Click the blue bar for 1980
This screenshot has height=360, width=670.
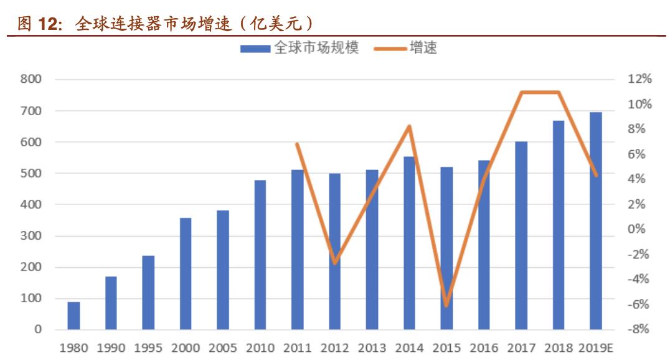click(x=73, y=316)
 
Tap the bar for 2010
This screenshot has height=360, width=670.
click(x=260, y=255)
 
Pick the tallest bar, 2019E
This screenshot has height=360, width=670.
click(x=596, y=221)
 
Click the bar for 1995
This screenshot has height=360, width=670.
click(x=148, y=292)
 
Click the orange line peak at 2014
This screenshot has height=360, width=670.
click(x=409, y=126)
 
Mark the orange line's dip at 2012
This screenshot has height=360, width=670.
click(x=335, y=263)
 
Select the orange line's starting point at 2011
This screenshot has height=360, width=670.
click(x=298, y=144)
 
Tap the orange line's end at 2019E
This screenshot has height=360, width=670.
click(x=596, y=176)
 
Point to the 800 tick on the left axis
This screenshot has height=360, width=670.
click(x=31, y=79)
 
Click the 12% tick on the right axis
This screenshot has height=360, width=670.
click(x=639, y=79)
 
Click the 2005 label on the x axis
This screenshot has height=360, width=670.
click(x=223, y=348)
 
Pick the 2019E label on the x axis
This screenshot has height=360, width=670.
click(x=596, y=348)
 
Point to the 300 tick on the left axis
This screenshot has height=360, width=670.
click(x=31, y=236)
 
